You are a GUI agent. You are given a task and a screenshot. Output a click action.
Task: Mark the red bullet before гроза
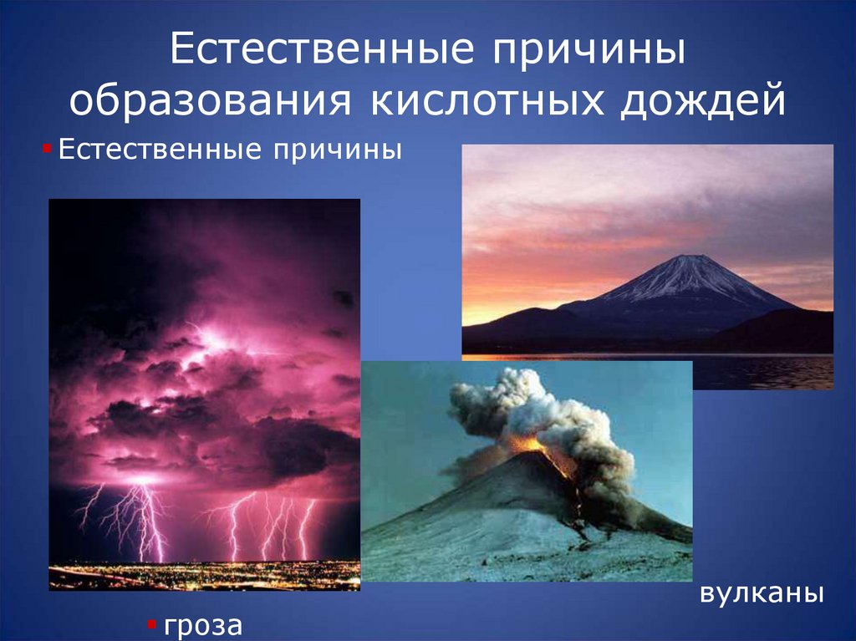151,623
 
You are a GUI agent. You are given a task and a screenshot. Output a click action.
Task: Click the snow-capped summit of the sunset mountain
687,266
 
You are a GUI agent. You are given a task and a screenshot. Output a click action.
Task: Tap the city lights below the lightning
201,575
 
